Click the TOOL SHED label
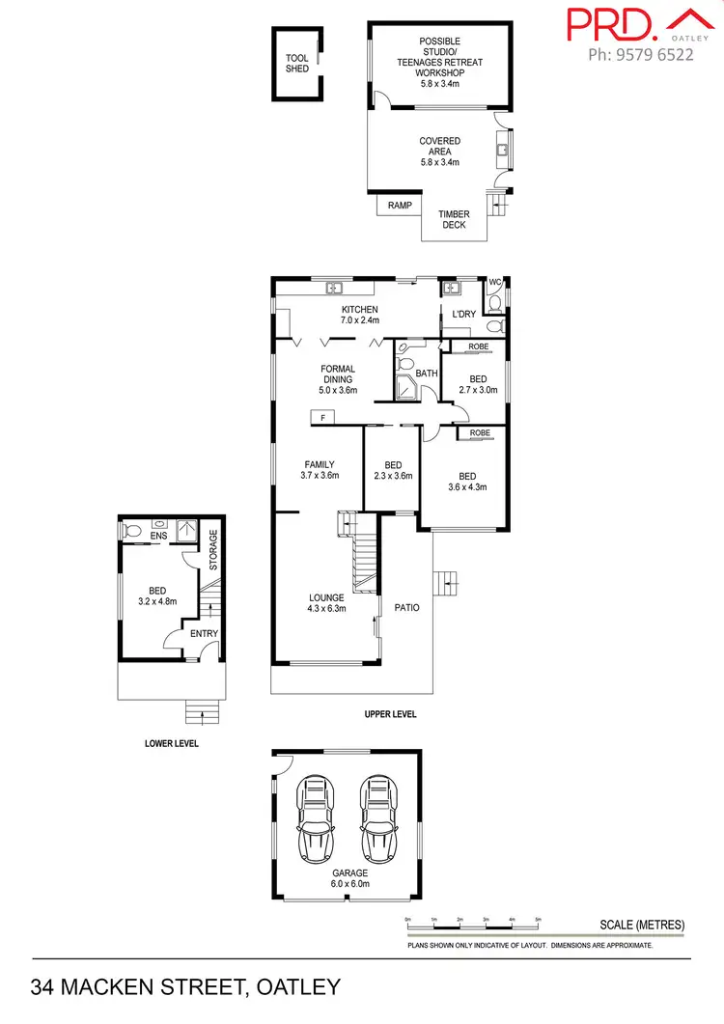pyautogui.click(x=297, y=64)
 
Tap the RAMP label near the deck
pyautogui.click(x=400, y=206)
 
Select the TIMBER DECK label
pyautogui.click(x=454, y=220)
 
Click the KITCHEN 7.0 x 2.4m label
pyautogui.click(x=359, y=315)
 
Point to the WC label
pyautogui.click(x=495, y=283)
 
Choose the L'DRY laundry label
pyautogui.click(x=463, y=315)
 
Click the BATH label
pyautogui.click(x=427, y=373)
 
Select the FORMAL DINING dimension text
pyautogui.click(x=338, y=391)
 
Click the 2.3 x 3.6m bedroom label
pyautogui.click(x=393, y=476)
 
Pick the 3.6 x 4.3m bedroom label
pyautogui.click(x=467, y=487)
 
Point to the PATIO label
pyautogui.click(x=406, y=607)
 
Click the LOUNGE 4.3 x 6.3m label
pyautogui.click(x=326, y=603)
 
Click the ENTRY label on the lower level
pyautogui.click(x=205, y=633)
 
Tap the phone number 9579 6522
pyautogui.click(x=641, y=55)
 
